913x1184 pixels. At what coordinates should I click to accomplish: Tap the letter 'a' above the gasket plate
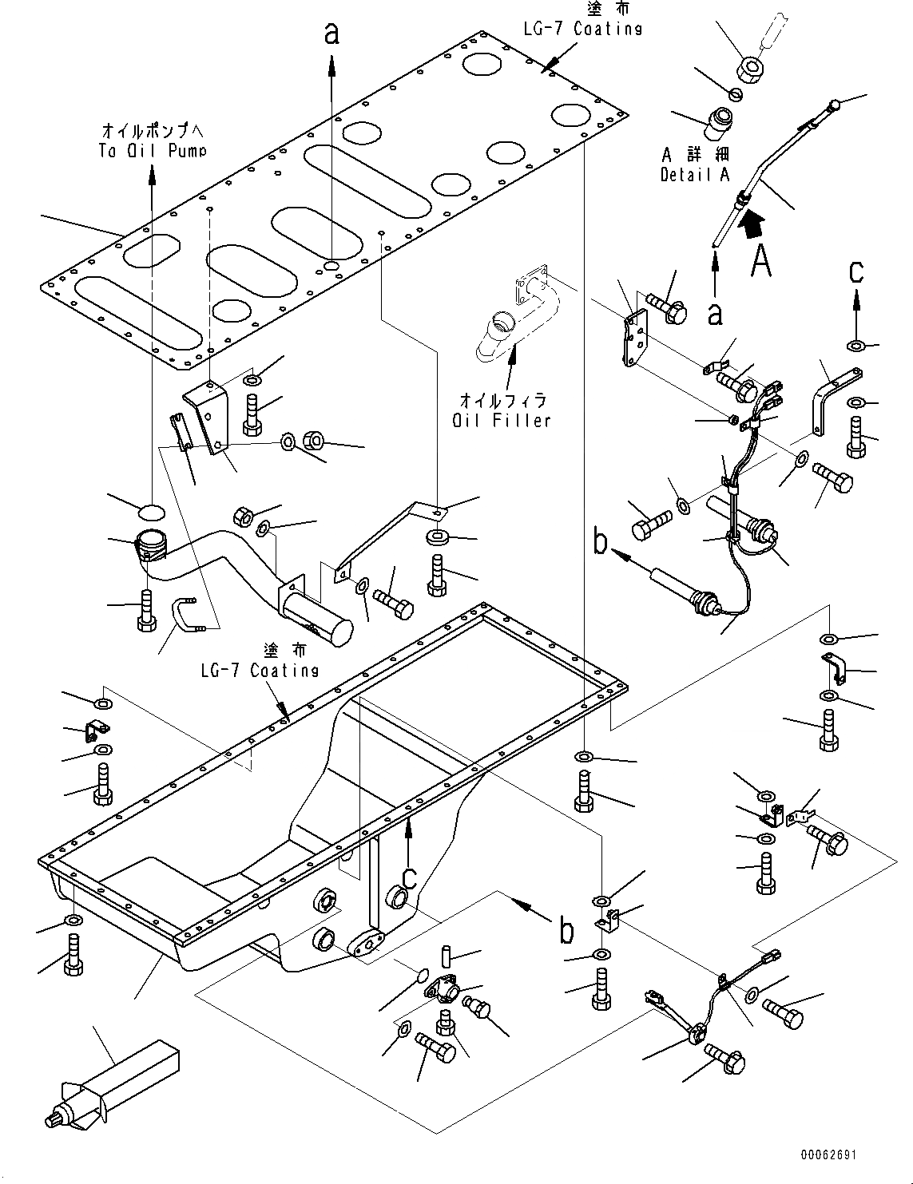click(x=331, y=34)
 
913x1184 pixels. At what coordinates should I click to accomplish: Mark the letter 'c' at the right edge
click(x=855, y=273)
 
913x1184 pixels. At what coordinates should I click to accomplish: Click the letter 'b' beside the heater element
click(x=601, y=541)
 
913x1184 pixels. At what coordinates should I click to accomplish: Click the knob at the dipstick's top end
click(x=834, y=105)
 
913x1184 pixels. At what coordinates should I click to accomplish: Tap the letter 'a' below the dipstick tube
click(x=715, y=313)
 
